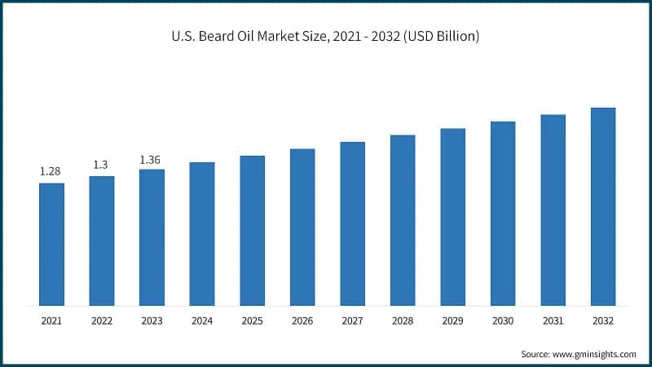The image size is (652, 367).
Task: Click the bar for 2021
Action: coord(51,245)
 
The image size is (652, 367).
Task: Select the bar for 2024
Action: coord(202,234)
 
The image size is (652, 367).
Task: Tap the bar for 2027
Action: coord(352,224)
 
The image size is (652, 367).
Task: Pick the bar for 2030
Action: coord(503,214)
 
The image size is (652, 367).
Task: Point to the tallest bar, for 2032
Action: coord(603,207)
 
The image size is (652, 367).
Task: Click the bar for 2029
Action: coord(452,217)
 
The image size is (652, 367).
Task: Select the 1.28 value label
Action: coord(51,171)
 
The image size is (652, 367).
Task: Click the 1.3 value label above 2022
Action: coord(101,165)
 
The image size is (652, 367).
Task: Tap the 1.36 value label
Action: coord(152,159)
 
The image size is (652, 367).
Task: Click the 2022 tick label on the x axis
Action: coord(101,322)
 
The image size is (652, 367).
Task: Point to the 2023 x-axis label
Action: coord(152,322)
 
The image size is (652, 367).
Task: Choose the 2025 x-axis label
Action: coord(252,322)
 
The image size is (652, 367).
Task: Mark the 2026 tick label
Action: coord(302,322)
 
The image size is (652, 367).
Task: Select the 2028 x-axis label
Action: coord(403,322)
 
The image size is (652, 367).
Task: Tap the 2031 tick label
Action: coord(553,322)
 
